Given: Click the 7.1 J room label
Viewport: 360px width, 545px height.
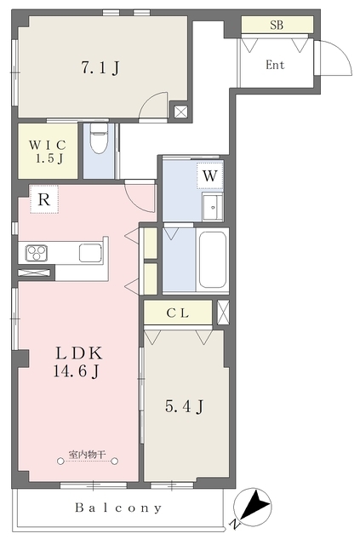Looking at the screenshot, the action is (100, 67).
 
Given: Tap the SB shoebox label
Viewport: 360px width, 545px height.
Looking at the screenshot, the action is (277, 25).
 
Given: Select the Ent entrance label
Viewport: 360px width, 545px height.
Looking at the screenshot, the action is (275, 65).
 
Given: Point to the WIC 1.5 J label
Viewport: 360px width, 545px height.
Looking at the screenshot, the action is (48, 152).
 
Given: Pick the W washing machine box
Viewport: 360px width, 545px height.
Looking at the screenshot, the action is (209, 175).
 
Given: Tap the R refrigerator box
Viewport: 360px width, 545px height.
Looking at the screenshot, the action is (44, 199).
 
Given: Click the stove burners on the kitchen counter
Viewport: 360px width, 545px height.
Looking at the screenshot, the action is (37, 253).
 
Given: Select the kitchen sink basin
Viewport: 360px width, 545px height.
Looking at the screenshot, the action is (90, 253).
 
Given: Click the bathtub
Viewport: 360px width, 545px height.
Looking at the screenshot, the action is (212, 259).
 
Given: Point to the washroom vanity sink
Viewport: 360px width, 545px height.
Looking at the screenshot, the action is (213, 208).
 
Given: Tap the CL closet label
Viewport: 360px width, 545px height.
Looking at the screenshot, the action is (178, 313).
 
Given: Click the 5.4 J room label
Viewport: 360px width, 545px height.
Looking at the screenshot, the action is (184, 406).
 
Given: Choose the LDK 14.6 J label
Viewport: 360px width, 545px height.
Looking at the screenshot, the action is (78, 362).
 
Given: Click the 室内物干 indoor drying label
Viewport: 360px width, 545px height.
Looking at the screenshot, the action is (87, 454).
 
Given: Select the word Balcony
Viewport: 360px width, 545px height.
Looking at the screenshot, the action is (118, 508).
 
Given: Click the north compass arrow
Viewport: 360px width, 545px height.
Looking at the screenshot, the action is (255, 504).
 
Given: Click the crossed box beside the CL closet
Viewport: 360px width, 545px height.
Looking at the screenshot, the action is (223, 313).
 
